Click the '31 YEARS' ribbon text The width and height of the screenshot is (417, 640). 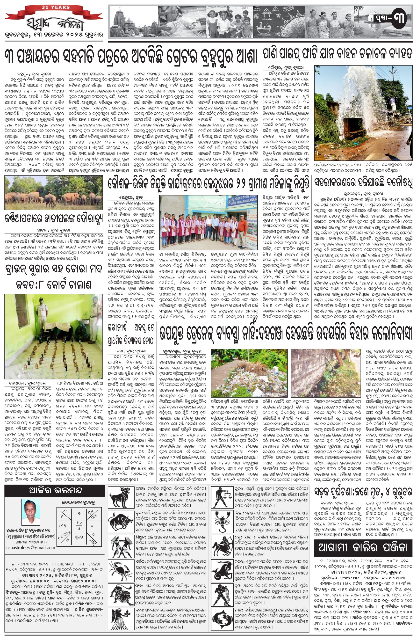56,7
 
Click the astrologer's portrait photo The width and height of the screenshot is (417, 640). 31,512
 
